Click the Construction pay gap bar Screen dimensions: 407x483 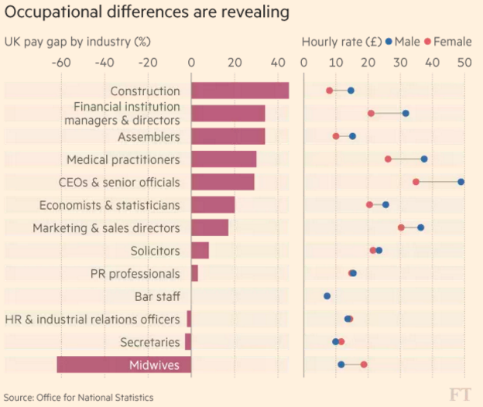click(x=240, y=91)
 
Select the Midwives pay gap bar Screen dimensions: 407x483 click(x=124, y=364)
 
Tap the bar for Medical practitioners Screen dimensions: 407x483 click(x=224, y=159)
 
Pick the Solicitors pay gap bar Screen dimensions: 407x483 click(x=200, y=251)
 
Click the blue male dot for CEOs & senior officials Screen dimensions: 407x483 click(x=461, y=182)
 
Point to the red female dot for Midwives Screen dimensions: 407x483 click(x=364, y=364)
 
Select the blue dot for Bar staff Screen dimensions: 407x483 click(x=327, y=296)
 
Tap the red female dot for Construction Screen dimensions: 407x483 click(x=330, y=91)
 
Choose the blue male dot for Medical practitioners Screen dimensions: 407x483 click(x=424, y=159)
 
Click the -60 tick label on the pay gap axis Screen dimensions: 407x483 click(x=58, y=62)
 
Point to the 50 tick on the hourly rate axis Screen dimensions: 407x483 click(x=463, y=62)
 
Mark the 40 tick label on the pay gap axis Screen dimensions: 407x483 click(x=278, y=62)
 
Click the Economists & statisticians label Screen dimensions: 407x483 click(x=109, y=205)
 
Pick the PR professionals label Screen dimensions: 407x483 click(x=134, y=274)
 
